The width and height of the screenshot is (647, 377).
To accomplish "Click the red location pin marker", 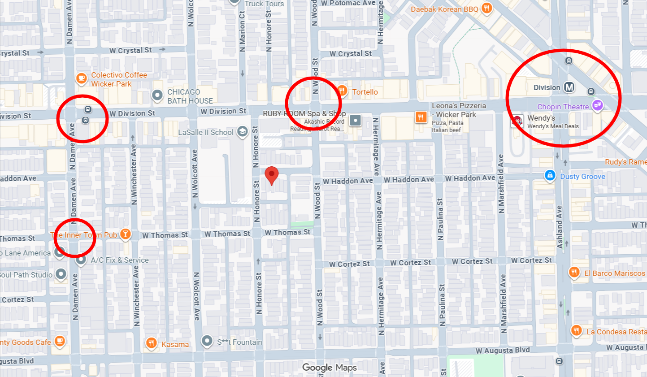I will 271,174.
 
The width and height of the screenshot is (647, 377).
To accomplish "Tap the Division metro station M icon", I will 569,87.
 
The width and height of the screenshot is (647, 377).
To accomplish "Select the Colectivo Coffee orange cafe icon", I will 81,79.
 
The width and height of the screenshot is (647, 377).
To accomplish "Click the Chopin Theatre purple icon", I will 597,106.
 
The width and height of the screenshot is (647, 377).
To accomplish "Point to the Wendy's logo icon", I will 517,121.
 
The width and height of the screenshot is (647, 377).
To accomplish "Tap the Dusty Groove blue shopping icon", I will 550,176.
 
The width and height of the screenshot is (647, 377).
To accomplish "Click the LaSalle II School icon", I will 242,132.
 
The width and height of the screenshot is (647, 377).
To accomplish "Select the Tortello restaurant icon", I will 342,91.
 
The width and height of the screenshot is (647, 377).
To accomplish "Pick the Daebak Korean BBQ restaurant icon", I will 486,8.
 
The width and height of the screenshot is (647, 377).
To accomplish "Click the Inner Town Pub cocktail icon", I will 125,234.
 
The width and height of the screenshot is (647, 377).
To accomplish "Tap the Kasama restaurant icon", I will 151,343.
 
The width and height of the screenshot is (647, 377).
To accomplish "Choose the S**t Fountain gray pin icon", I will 207,341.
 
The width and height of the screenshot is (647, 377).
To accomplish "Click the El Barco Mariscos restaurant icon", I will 574,273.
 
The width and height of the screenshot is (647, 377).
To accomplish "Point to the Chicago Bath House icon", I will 157,95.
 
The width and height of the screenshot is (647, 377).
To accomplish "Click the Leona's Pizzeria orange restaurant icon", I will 421,117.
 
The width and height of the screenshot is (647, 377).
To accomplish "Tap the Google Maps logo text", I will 330,368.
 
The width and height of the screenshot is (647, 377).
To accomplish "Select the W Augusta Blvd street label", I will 502,350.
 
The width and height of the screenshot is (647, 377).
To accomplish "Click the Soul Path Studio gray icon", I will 61,274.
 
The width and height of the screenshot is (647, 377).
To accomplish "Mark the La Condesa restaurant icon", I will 577,331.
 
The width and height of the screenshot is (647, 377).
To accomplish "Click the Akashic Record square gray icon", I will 355,120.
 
